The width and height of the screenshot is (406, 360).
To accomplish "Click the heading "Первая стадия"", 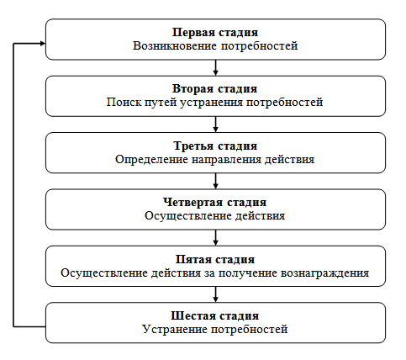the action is (x=215, y=33).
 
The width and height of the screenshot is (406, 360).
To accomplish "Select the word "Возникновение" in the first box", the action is (x=175, y=45).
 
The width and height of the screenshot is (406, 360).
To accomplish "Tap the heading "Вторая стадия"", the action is (x=214, y=89).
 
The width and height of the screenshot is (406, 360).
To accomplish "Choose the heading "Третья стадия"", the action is (x=215, y=146).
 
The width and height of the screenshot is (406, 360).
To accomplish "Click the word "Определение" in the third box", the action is (x=151, y=160).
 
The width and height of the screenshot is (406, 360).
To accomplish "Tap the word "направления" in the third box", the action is (x=226, y=160).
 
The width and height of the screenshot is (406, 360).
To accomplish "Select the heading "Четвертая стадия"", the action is (x=215, y=203).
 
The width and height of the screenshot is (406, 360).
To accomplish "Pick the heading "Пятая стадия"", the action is (x=215, y=260).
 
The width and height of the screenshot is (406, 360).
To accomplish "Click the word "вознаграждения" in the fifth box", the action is (x=324, y=273).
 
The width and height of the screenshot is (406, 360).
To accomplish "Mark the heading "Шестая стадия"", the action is (x=215, y=316).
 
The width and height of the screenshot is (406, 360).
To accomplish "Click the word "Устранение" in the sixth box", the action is (x=175, y=329).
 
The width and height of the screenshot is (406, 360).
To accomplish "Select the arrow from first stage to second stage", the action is (x=215, y=67).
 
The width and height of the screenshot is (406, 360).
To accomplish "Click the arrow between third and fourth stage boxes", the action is (x=215, y=181).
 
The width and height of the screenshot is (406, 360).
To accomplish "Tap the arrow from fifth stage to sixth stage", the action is (x=215, y=294).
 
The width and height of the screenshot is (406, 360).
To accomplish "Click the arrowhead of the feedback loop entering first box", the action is (x=43, y=43).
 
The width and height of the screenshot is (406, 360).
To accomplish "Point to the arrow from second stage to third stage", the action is (x=215, y=124).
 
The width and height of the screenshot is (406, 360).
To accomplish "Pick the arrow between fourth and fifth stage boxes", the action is (x=215, y=238).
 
